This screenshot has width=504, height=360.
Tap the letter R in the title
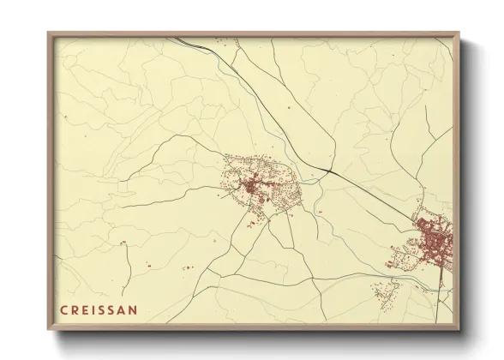coord(75,309)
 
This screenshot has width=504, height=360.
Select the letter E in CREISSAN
coord(85,309)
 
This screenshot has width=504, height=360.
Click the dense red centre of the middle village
coord(250,185)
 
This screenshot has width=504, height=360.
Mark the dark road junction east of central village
coord(327,171)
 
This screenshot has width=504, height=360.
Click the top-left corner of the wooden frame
coord(48,33)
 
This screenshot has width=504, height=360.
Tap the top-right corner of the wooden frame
coord(460,33)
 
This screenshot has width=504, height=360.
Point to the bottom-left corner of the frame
coord(48,330)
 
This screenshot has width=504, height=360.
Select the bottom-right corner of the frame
coord(460,330)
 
